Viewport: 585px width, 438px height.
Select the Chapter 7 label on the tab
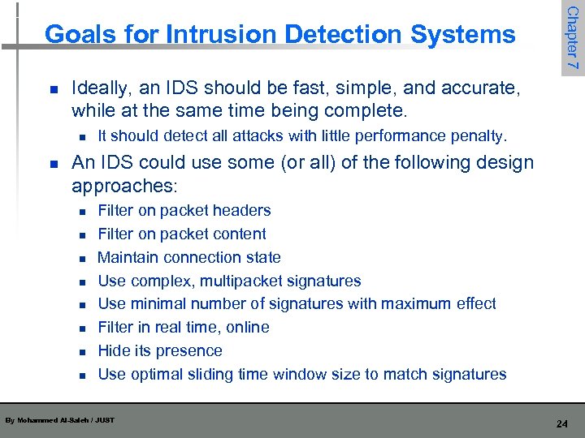coord(573,38)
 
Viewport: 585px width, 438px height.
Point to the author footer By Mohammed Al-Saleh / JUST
coord(59,420)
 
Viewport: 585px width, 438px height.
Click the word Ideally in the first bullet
coord(99,87)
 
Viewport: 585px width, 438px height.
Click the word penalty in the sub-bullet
coord(479,135)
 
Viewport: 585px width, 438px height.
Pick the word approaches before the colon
coord(122,186)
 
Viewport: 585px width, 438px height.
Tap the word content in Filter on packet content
coord(239,234)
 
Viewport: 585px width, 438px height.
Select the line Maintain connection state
coord(188,258)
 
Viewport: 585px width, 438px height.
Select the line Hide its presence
coord(159,351)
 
